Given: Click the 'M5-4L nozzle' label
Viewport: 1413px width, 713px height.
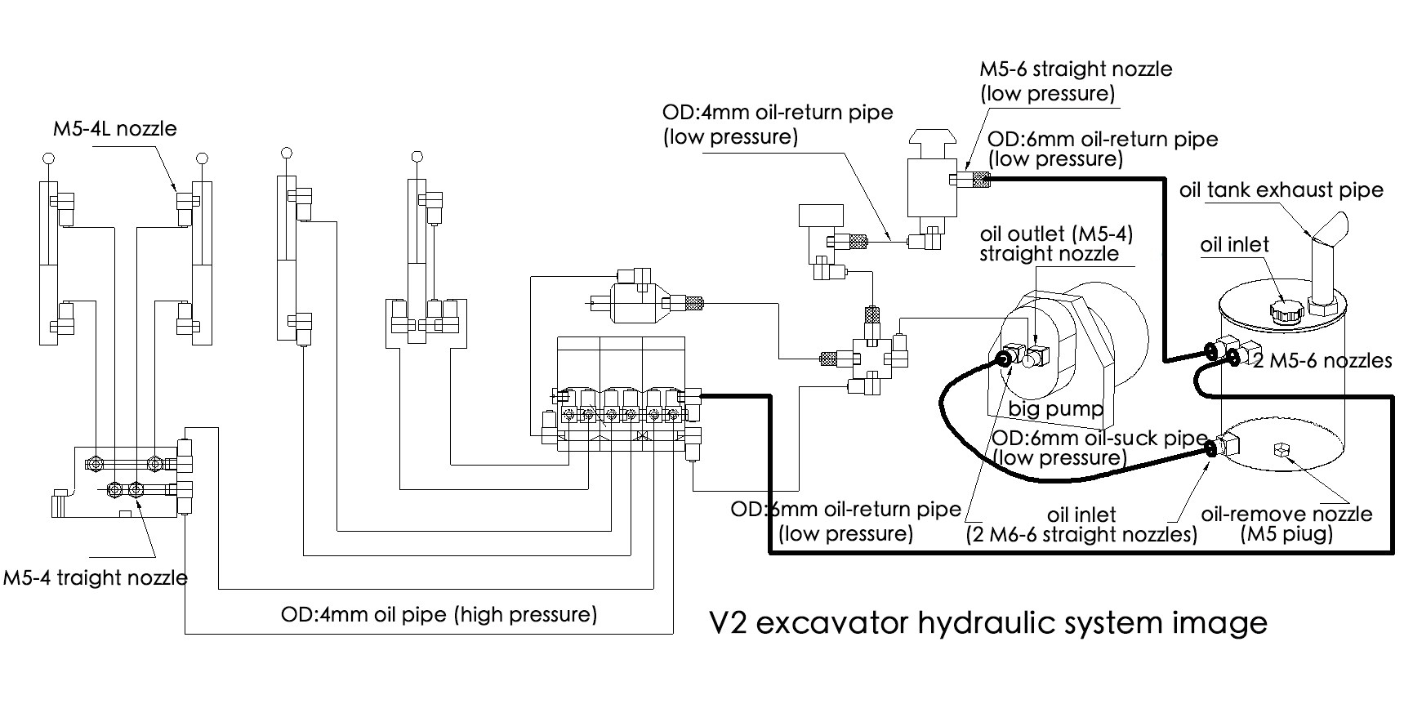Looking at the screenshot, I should (x=114, y=128).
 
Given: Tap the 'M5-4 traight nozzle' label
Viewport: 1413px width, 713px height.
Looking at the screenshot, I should (x=96, y=577).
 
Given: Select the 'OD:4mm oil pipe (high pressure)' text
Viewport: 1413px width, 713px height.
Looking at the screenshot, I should (x=439, y=614).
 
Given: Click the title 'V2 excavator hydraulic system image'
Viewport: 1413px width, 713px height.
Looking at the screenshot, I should (x=987, y=623).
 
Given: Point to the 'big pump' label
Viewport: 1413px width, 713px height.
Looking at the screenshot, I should (x=1055, y=408).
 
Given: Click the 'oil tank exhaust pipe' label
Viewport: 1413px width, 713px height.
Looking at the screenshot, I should (x=1281, y=190).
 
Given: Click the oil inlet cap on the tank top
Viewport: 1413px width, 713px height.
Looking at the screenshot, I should (x=1282, y=310).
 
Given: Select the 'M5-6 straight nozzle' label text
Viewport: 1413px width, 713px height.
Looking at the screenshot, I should (x=1076, y=69).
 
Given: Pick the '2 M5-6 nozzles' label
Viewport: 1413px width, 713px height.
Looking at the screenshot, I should (x=1322, y=360).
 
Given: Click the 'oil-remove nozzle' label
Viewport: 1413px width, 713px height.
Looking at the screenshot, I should (x=1286, y=515).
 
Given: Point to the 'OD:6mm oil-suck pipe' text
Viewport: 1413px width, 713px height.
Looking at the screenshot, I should (x=1099, y=438).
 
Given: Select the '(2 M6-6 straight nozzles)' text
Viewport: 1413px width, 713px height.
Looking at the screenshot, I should (x=1081, y=535).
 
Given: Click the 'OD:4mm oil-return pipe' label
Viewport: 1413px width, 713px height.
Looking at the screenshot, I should (x=778, y=112).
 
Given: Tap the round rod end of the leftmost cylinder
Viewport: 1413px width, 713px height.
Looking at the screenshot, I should (x=48, y=158).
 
